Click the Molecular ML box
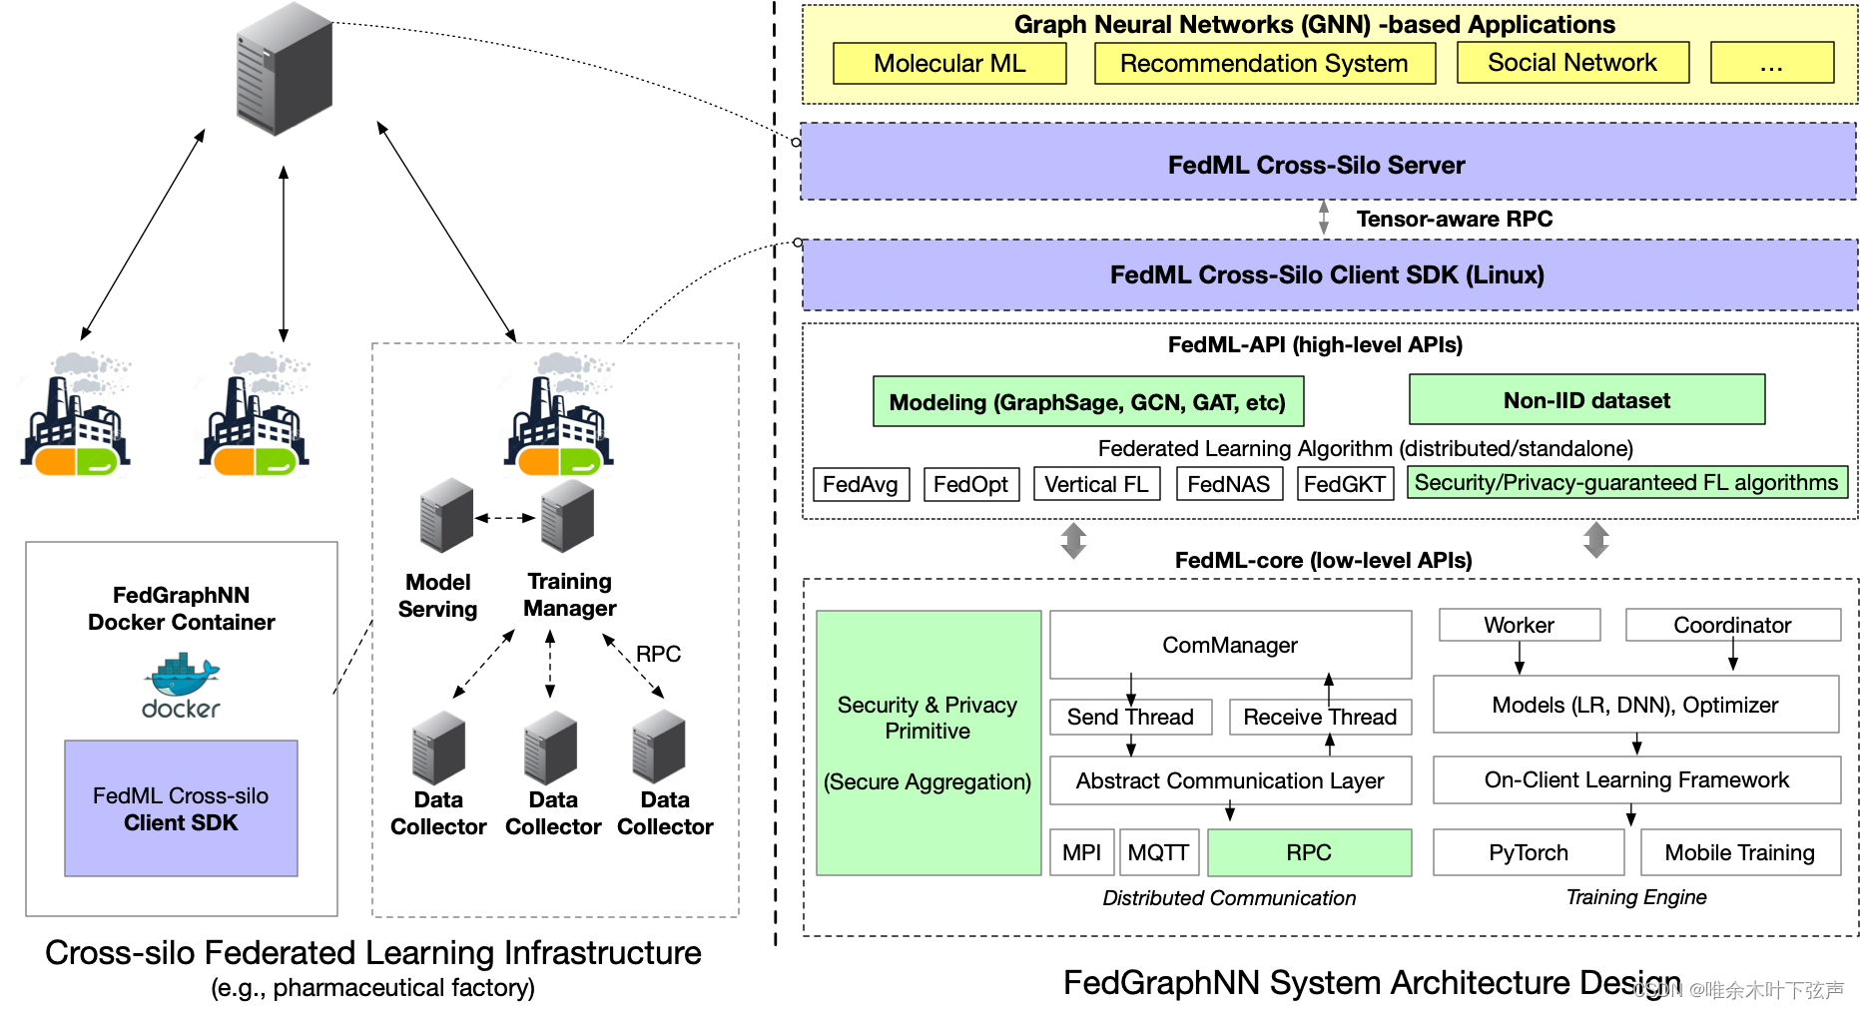coord(948,63)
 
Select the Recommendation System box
coord(1264,63)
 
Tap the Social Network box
coord(1572,63)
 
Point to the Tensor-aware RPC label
coord(1454,219)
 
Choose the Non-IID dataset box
coord(1586,400)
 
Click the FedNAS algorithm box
coord(1228,484)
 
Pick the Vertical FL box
coord(1096,484)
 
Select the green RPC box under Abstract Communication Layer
coord(1309,852)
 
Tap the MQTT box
coord(1158,852)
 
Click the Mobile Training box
coord(1739,852)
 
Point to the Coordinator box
coord(1732,625)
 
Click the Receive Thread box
coord(1320,717)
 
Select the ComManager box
coord(1230,645)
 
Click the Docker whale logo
coord(181,677)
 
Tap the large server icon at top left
coord(284,70)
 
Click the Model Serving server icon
coord(446,516)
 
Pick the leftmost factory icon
coord(76,414)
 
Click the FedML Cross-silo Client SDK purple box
coord(181,808)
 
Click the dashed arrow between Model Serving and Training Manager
coord(506,518)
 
